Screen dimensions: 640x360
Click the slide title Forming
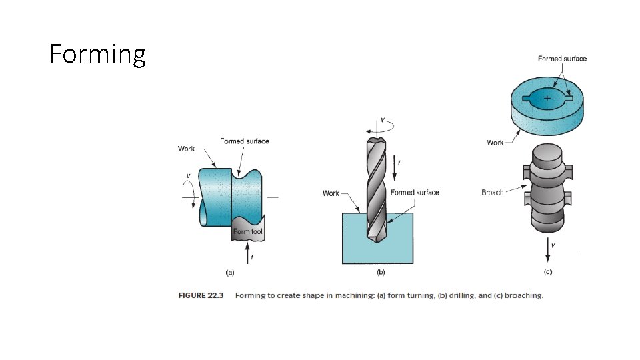(97, 54)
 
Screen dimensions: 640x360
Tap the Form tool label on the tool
(248, 231)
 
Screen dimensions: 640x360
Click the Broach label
(492, 193)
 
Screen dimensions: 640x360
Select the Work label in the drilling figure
(331, 193)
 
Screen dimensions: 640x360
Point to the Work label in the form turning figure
(186, 149)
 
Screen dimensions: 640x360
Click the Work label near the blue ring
(495, 143)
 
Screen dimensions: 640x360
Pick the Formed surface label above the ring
(562, 59)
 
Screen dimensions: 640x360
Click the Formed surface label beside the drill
(414, 193)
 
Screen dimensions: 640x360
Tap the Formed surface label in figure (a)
(245, 141)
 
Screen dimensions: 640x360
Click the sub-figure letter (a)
(230, 272)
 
